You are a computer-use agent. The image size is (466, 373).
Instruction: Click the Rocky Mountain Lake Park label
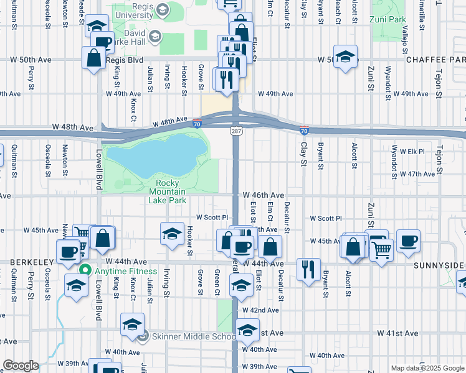pos(168,191)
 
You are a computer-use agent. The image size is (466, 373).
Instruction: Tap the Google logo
pos(21,366)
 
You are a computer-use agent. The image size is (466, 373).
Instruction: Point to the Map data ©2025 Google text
pos(427,368)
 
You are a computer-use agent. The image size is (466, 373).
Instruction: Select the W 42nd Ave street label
pos(260,310)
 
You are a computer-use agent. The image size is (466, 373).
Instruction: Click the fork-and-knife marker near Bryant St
pos(308,269)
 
